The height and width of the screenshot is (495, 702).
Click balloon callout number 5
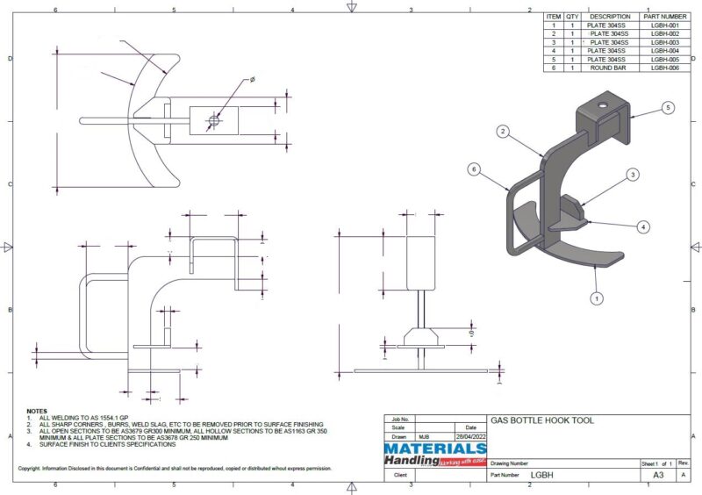coord(668,107)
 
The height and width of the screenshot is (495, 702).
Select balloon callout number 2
coord(503,131)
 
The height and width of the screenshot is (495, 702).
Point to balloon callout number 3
coord(632,176)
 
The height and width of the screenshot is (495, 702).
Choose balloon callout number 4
coord(643,226)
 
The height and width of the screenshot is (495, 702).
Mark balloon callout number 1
coord(598,298)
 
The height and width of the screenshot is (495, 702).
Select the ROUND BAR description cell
coord(609,68)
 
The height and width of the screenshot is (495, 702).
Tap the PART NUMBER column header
coord(664,16)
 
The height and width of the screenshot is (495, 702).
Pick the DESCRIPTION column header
coord(609,16)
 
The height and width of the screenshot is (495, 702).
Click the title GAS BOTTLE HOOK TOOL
coord(541,421)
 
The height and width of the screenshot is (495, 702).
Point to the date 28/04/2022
coord(464,436)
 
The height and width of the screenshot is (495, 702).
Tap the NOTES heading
coord(37,411)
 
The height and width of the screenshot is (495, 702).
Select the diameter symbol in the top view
coord(252,80)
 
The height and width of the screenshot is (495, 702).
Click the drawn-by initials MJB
coord(424,436)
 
